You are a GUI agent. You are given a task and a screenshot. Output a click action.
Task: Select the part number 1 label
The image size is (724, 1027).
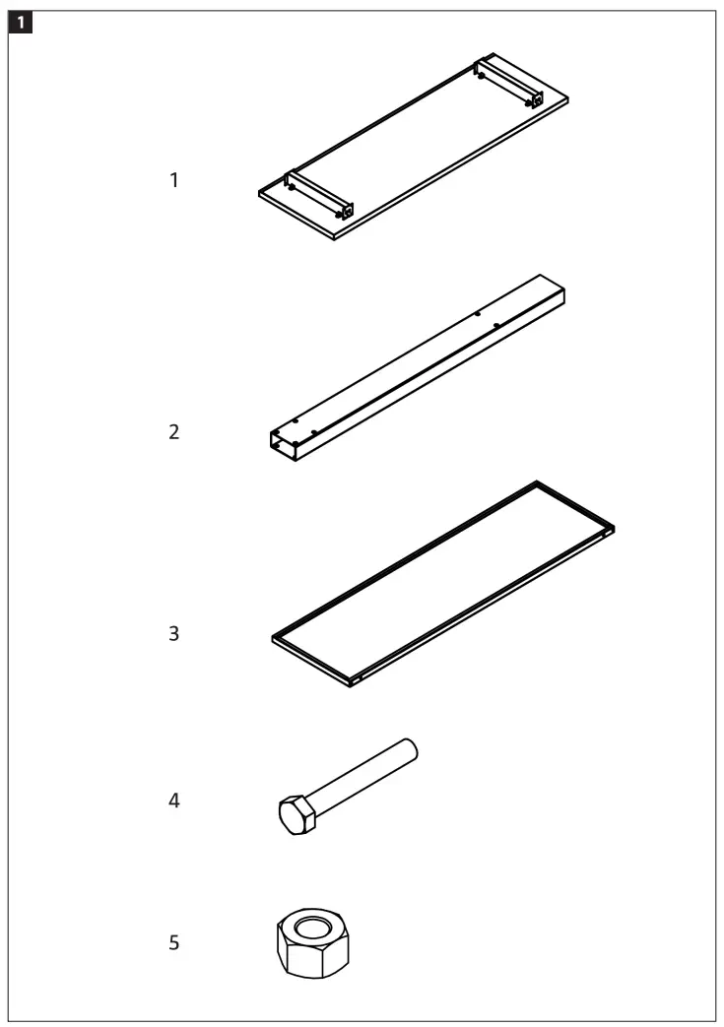click(174, 181)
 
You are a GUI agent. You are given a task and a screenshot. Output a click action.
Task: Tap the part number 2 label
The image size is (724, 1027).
click(174, 432)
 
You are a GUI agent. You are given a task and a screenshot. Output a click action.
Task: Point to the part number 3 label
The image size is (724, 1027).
click(174, 634)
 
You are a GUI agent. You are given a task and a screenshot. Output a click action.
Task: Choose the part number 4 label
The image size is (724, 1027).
click(174, 801)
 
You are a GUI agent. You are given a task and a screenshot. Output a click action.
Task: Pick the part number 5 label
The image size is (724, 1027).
click(174, 943)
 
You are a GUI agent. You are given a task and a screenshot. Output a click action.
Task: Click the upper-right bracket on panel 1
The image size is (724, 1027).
click(507, 83)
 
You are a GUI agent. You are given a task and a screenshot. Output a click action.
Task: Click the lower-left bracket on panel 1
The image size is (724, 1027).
click(315, 195)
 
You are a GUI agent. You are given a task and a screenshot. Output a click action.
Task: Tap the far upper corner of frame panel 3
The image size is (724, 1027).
click(537, 483)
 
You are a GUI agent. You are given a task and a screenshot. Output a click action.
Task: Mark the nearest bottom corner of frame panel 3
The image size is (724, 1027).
click(353, 682)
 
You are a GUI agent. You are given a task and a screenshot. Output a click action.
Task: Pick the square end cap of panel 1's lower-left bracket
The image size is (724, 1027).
click(344, 211)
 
